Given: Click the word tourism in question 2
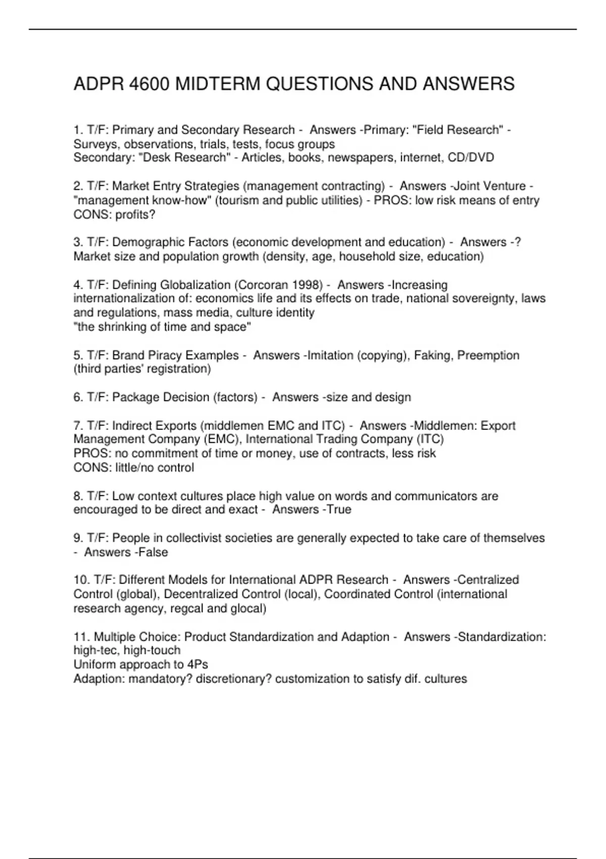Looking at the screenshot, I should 238,201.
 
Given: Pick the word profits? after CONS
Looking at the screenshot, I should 135,215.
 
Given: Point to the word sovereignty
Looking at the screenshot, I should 480,299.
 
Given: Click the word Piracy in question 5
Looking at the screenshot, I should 161,355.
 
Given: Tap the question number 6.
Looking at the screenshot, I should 78,397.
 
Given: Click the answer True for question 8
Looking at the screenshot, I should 339,509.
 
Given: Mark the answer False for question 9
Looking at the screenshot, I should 153,552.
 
